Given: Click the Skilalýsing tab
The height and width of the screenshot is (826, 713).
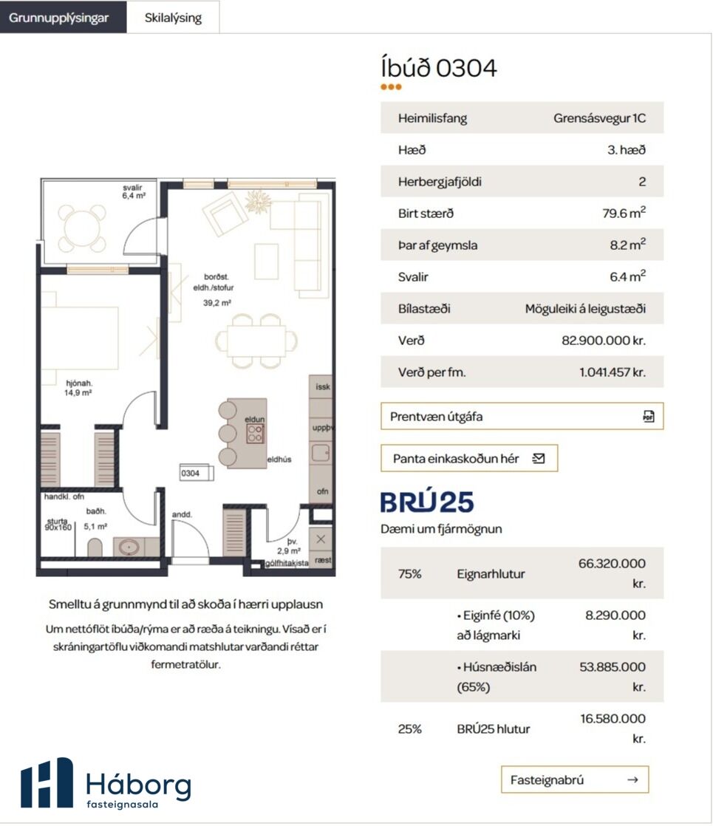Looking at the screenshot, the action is click(x=173, y=18).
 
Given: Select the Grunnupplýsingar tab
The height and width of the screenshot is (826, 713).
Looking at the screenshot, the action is click(x=59, y=18).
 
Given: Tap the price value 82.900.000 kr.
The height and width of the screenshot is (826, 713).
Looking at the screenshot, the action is click(x=604, y=341).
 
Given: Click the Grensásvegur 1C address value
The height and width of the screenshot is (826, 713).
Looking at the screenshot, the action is click(x=599, y=118).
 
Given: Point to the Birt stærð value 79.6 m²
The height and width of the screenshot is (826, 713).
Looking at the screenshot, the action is click(x=624, y=212).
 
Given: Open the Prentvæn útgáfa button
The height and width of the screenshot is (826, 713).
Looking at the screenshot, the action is click(x=522, y=416).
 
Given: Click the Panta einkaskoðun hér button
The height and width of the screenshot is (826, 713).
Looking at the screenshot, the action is click(x=469, y=458).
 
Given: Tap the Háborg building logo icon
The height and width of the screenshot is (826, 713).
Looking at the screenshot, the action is click(x=47, y=783).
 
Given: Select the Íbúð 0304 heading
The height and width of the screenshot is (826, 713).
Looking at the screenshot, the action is click(x=438, y=68).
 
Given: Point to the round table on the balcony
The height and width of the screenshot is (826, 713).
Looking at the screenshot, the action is click(x=82, y=228).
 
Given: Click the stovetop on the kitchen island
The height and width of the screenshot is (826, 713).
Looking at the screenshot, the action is click(x=255, y=433).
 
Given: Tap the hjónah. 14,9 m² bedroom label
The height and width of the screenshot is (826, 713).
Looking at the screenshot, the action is click(x=78, y=388).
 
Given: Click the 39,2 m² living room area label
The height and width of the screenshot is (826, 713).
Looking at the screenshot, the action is click(x=216, y=303).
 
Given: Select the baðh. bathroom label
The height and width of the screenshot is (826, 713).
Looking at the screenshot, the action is click(x=96, y=511).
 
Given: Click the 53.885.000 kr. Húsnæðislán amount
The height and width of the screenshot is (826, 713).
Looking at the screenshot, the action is click(x=613, y=677).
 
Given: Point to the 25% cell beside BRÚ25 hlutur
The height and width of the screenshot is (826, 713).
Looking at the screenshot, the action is click(x=409, y=729).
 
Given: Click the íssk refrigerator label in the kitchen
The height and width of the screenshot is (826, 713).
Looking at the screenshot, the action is click(x=322, y=386).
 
